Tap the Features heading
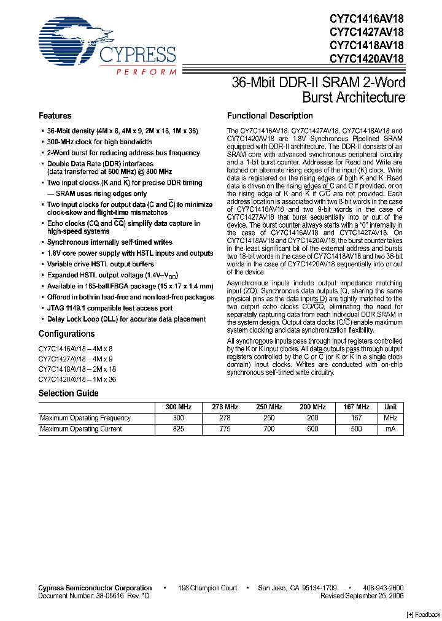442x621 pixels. pyautogui.click(x=55, y=116)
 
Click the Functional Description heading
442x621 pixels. pyautogui.click(x=269, y=116)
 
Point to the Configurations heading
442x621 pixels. pyautogui.click(x=67, y=334)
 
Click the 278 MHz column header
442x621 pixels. pyautogui.click(x=225, y=407)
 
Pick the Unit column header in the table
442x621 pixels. pyautogui.click(x=390, y=407)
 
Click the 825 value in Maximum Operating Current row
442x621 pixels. pyautogui.click(x=179, y=429)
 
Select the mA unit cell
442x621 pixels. pyautogui.click(x=390, y=429)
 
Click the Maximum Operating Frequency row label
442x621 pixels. pyautogui.click(x=85, y=418)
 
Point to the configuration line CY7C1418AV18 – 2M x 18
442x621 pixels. pyautogui.click(x=77, y=369)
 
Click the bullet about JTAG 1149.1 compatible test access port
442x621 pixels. pyautogui.click(x=110, y=308)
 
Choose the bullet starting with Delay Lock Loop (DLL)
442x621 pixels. pyautogui.click(x=126, y=319)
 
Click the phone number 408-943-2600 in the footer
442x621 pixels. pyautogui.click(x=382, y=588)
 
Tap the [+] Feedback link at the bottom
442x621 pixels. pyautogui.click(x=424, y=614)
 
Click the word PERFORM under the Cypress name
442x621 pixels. pyautogui.click(x=145, y=72)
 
